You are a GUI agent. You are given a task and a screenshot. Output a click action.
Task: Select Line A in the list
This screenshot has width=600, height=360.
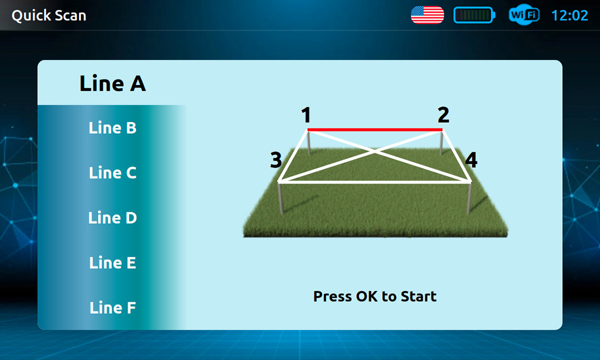(112, 83)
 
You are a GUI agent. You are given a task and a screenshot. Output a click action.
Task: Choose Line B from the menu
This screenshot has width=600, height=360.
(112, 128)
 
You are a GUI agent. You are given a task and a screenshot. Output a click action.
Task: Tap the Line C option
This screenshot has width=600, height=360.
(112, 173)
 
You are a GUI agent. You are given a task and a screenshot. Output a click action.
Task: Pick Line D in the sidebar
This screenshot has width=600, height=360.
(112, 218)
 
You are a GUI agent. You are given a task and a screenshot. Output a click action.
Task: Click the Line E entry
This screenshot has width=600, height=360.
(112, 263)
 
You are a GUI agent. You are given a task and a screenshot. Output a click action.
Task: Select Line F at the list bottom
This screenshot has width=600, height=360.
(112, 308)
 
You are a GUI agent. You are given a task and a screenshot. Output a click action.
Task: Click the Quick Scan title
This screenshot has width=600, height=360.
(49, 16)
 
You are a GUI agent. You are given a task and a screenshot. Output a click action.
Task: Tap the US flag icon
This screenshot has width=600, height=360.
(427, 15)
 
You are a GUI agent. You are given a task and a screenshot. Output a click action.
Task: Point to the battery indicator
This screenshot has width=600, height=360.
(474, 15)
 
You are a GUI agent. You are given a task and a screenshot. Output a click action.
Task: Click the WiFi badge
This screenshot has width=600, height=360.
(524, 15)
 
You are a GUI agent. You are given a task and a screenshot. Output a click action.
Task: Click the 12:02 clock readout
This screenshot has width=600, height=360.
(569, 16)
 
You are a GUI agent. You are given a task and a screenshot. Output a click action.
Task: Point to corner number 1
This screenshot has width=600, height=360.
(306, 115)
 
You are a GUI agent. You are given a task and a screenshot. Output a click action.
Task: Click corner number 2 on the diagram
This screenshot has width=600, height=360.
(443, 115)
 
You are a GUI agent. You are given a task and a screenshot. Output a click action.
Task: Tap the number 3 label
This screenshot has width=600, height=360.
(276, 160)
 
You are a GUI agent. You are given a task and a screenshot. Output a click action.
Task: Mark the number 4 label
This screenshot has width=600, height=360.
(472, 160)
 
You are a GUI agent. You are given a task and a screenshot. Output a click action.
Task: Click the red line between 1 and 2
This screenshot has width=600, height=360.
(375, 130)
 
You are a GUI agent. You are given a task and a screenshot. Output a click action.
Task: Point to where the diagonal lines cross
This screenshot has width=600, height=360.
(375, 152)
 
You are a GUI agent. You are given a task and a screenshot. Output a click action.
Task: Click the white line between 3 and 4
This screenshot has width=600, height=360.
(375, 182)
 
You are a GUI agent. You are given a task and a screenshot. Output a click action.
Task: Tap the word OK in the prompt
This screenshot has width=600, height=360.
(367, 297)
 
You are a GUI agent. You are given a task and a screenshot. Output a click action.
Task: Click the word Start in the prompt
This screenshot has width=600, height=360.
(419, 297)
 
